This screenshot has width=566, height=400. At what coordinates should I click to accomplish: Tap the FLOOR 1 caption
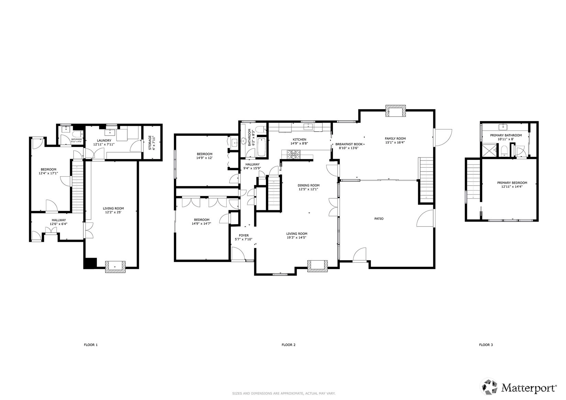(91, 345)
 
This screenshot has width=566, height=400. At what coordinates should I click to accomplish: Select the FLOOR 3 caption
(486, 345)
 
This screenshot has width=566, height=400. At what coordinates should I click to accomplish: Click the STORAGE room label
(150, 143)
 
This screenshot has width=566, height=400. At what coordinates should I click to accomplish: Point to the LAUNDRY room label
(104, 141)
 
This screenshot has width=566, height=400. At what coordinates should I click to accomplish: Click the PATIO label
(379, 219)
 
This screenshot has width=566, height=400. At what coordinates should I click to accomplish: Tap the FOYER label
(244, 235)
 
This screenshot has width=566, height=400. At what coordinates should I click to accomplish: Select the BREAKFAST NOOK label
(349, 144)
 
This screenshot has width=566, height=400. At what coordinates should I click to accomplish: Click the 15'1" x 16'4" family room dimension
(395, 142)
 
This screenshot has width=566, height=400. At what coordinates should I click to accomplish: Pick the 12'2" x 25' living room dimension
(113, 212)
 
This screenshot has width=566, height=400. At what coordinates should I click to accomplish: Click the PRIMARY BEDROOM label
(512, 183)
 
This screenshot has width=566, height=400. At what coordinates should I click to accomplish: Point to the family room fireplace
(396, 111)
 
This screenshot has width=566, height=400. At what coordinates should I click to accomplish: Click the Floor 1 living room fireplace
(115, 267)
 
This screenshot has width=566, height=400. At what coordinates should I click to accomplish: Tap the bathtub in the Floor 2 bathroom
(261, 147)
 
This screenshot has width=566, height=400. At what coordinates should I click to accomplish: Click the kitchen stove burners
(293, 154)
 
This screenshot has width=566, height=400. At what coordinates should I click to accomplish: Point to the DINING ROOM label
(309, 185)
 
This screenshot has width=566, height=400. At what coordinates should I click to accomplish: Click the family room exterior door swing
(443, 137)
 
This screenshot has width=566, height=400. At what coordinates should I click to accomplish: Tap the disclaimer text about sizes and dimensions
(284, 393)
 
